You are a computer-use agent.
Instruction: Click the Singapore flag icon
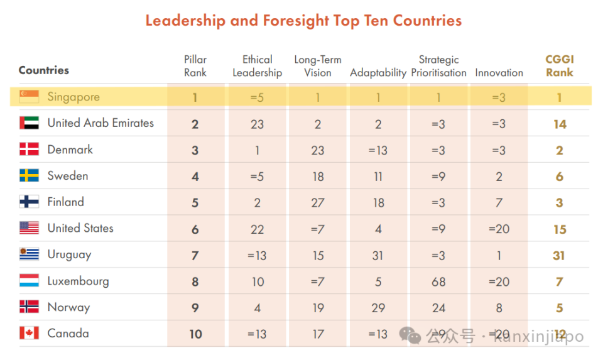coord(29,97)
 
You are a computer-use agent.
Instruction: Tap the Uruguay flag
coord(29,254)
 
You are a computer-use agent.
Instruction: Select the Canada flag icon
coord(29,333)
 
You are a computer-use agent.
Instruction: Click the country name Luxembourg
coord(78,281)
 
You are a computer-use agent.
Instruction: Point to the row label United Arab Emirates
coord(100,123)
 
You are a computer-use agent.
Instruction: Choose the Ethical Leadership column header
coord(257,66)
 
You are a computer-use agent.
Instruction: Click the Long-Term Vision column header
coord(318,66)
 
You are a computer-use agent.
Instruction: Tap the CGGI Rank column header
coord(559,66)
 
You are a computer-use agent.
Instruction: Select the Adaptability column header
coord(378,73)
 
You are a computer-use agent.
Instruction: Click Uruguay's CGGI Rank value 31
coord(559,255)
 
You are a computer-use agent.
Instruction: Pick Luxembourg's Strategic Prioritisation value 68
coord(438,281)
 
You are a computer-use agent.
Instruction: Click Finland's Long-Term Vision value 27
coord(318,202)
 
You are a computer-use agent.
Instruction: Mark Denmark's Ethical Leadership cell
coord(257,150)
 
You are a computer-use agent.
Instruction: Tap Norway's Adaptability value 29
coord(378,308)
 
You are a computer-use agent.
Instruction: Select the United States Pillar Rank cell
coord(195,229)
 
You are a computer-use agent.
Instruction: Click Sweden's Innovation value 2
coord(499,177)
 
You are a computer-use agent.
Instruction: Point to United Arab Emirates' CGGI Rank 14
coord(559,124)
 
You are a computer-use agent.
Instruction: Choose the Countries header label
coord(44,70)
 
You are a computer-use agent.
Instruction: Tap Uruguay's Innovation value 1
coord(499,255)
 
